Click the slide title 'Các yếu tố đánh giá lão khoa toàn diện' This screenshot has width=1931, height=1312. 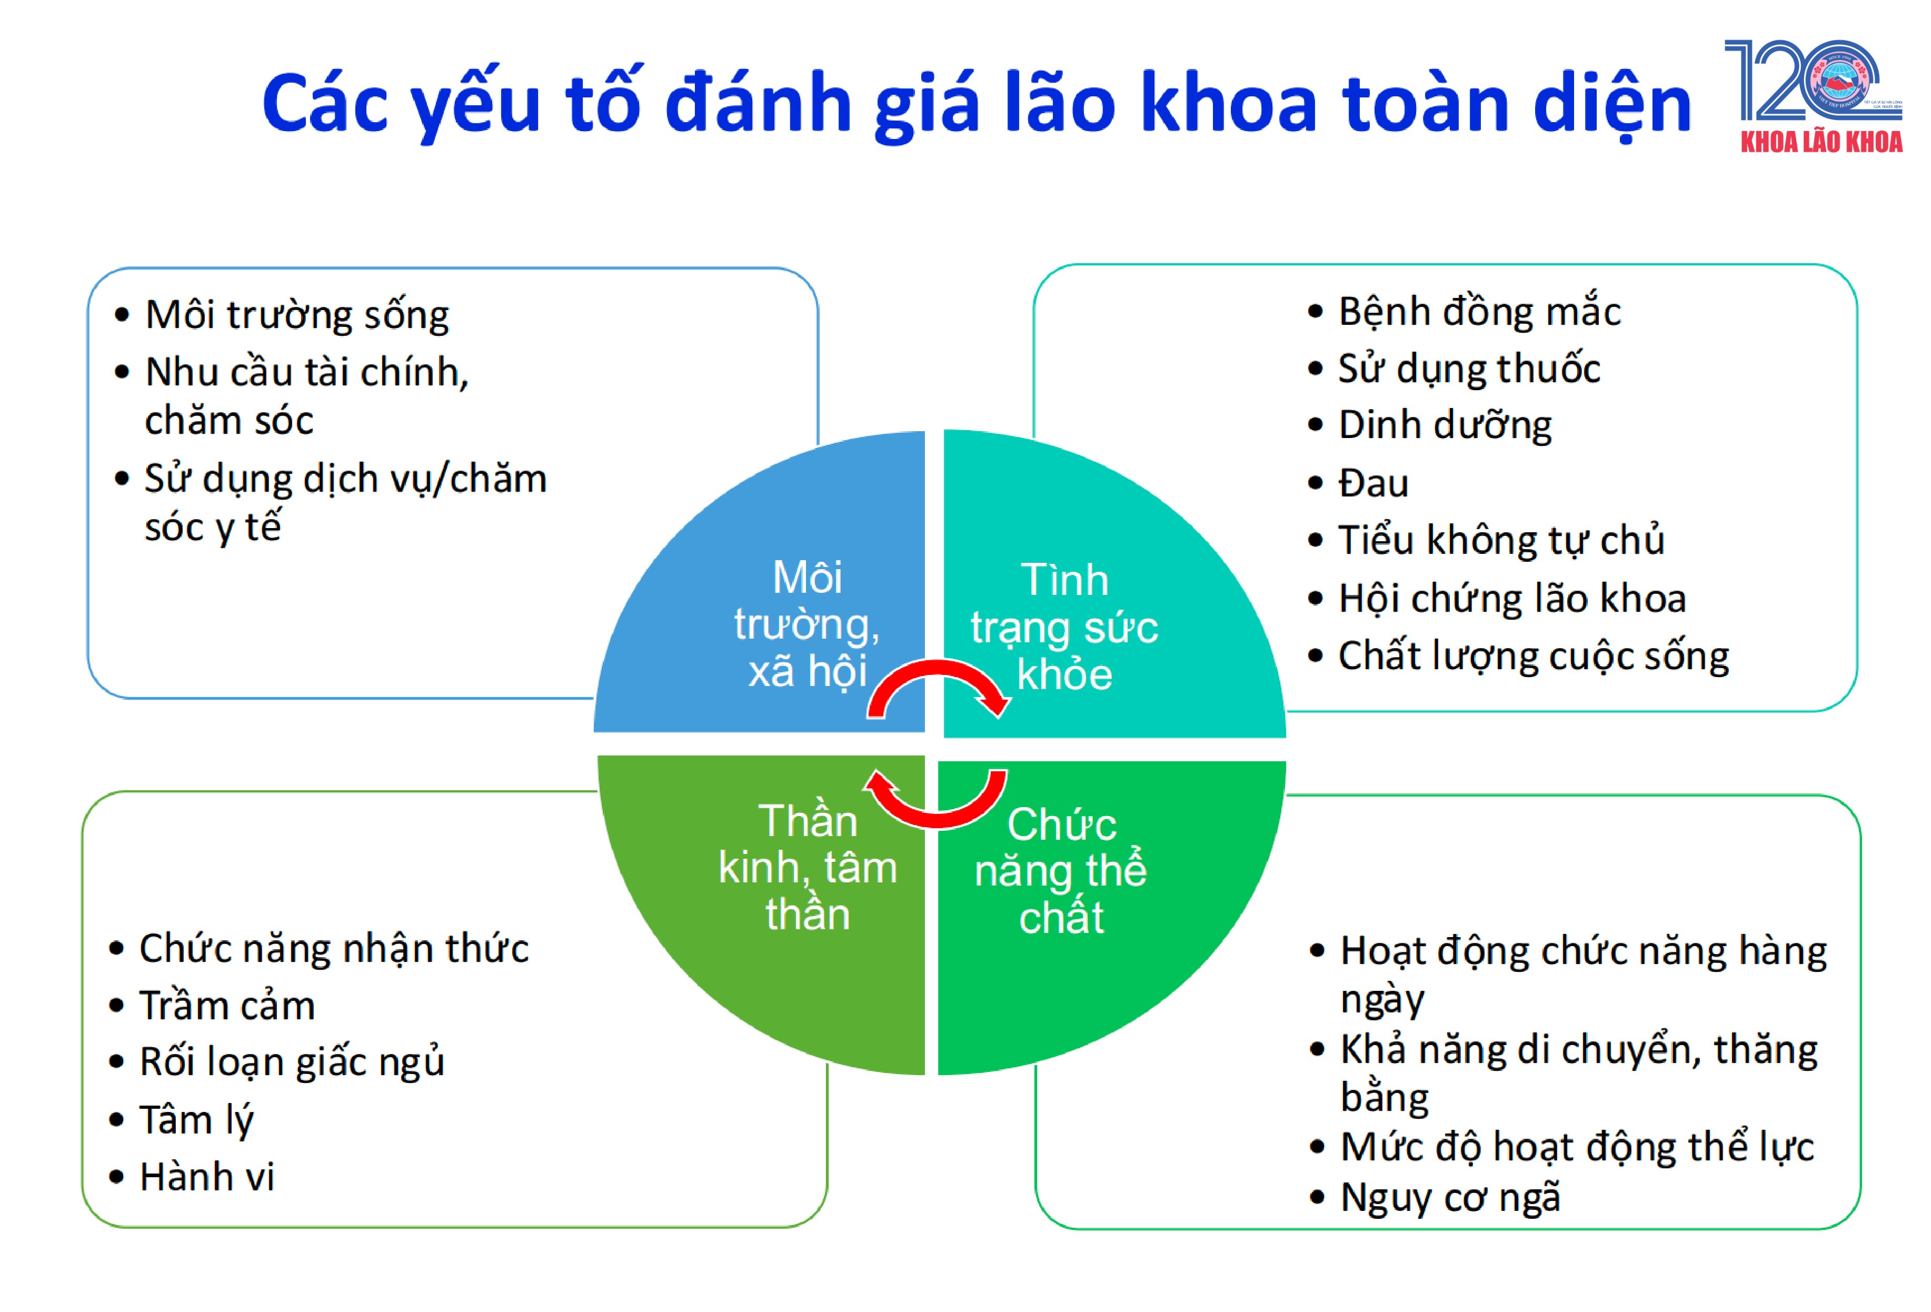pos(977,104)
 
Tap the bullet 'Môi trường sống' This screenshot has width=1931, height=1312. pos(296,315)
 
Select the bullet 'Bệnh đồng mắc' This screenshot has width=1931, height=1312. pos(1479,312)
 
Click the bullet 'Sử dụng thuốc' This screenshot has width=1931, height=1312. pos(1468,369)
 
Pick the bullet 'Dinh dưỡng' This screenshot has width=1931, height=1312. pos(1444,425)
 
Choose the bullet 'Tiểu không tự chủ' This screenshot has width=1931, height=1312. pos(1500,540)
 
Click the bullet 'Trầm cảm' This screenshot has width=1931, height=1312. pos(227,1006)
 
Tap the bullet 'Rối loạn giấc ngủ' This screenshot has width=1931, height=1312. pos(292,1062)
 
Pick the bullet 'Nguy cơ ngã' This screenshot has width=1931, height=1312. pos(1450,1197)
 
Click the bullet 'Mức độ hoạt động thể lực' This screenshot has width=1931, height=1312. pos(1576,1147)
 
